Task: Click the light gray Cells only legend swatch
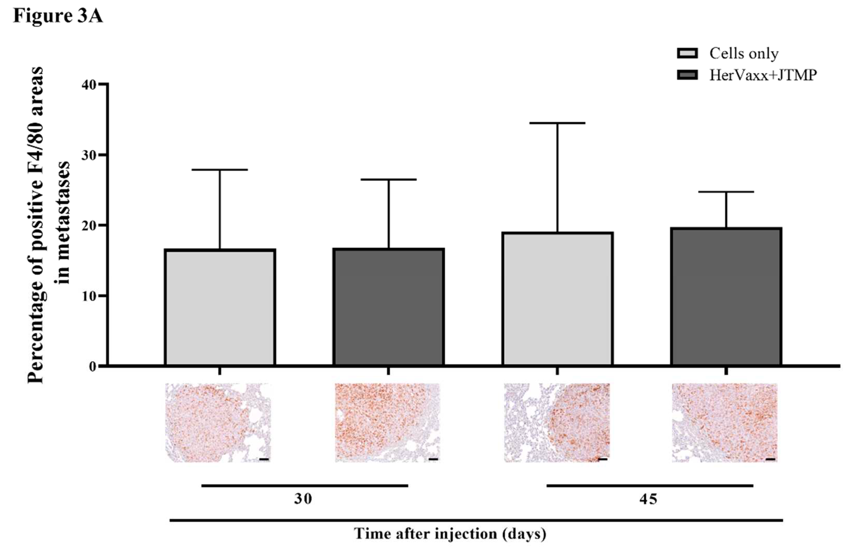point(687,53)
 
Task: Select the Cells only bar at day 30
point(220,307)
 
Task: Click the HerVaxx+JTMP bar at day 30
point(389,307)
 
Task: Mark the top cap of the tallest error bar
point(557,123)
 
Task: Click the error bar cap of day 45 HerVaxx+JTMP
point(726,192)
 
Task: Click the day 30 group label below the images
point(303,499)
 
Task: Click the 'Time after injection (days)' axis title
point(450,533)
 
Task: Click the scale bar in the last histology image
point(770,459)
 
